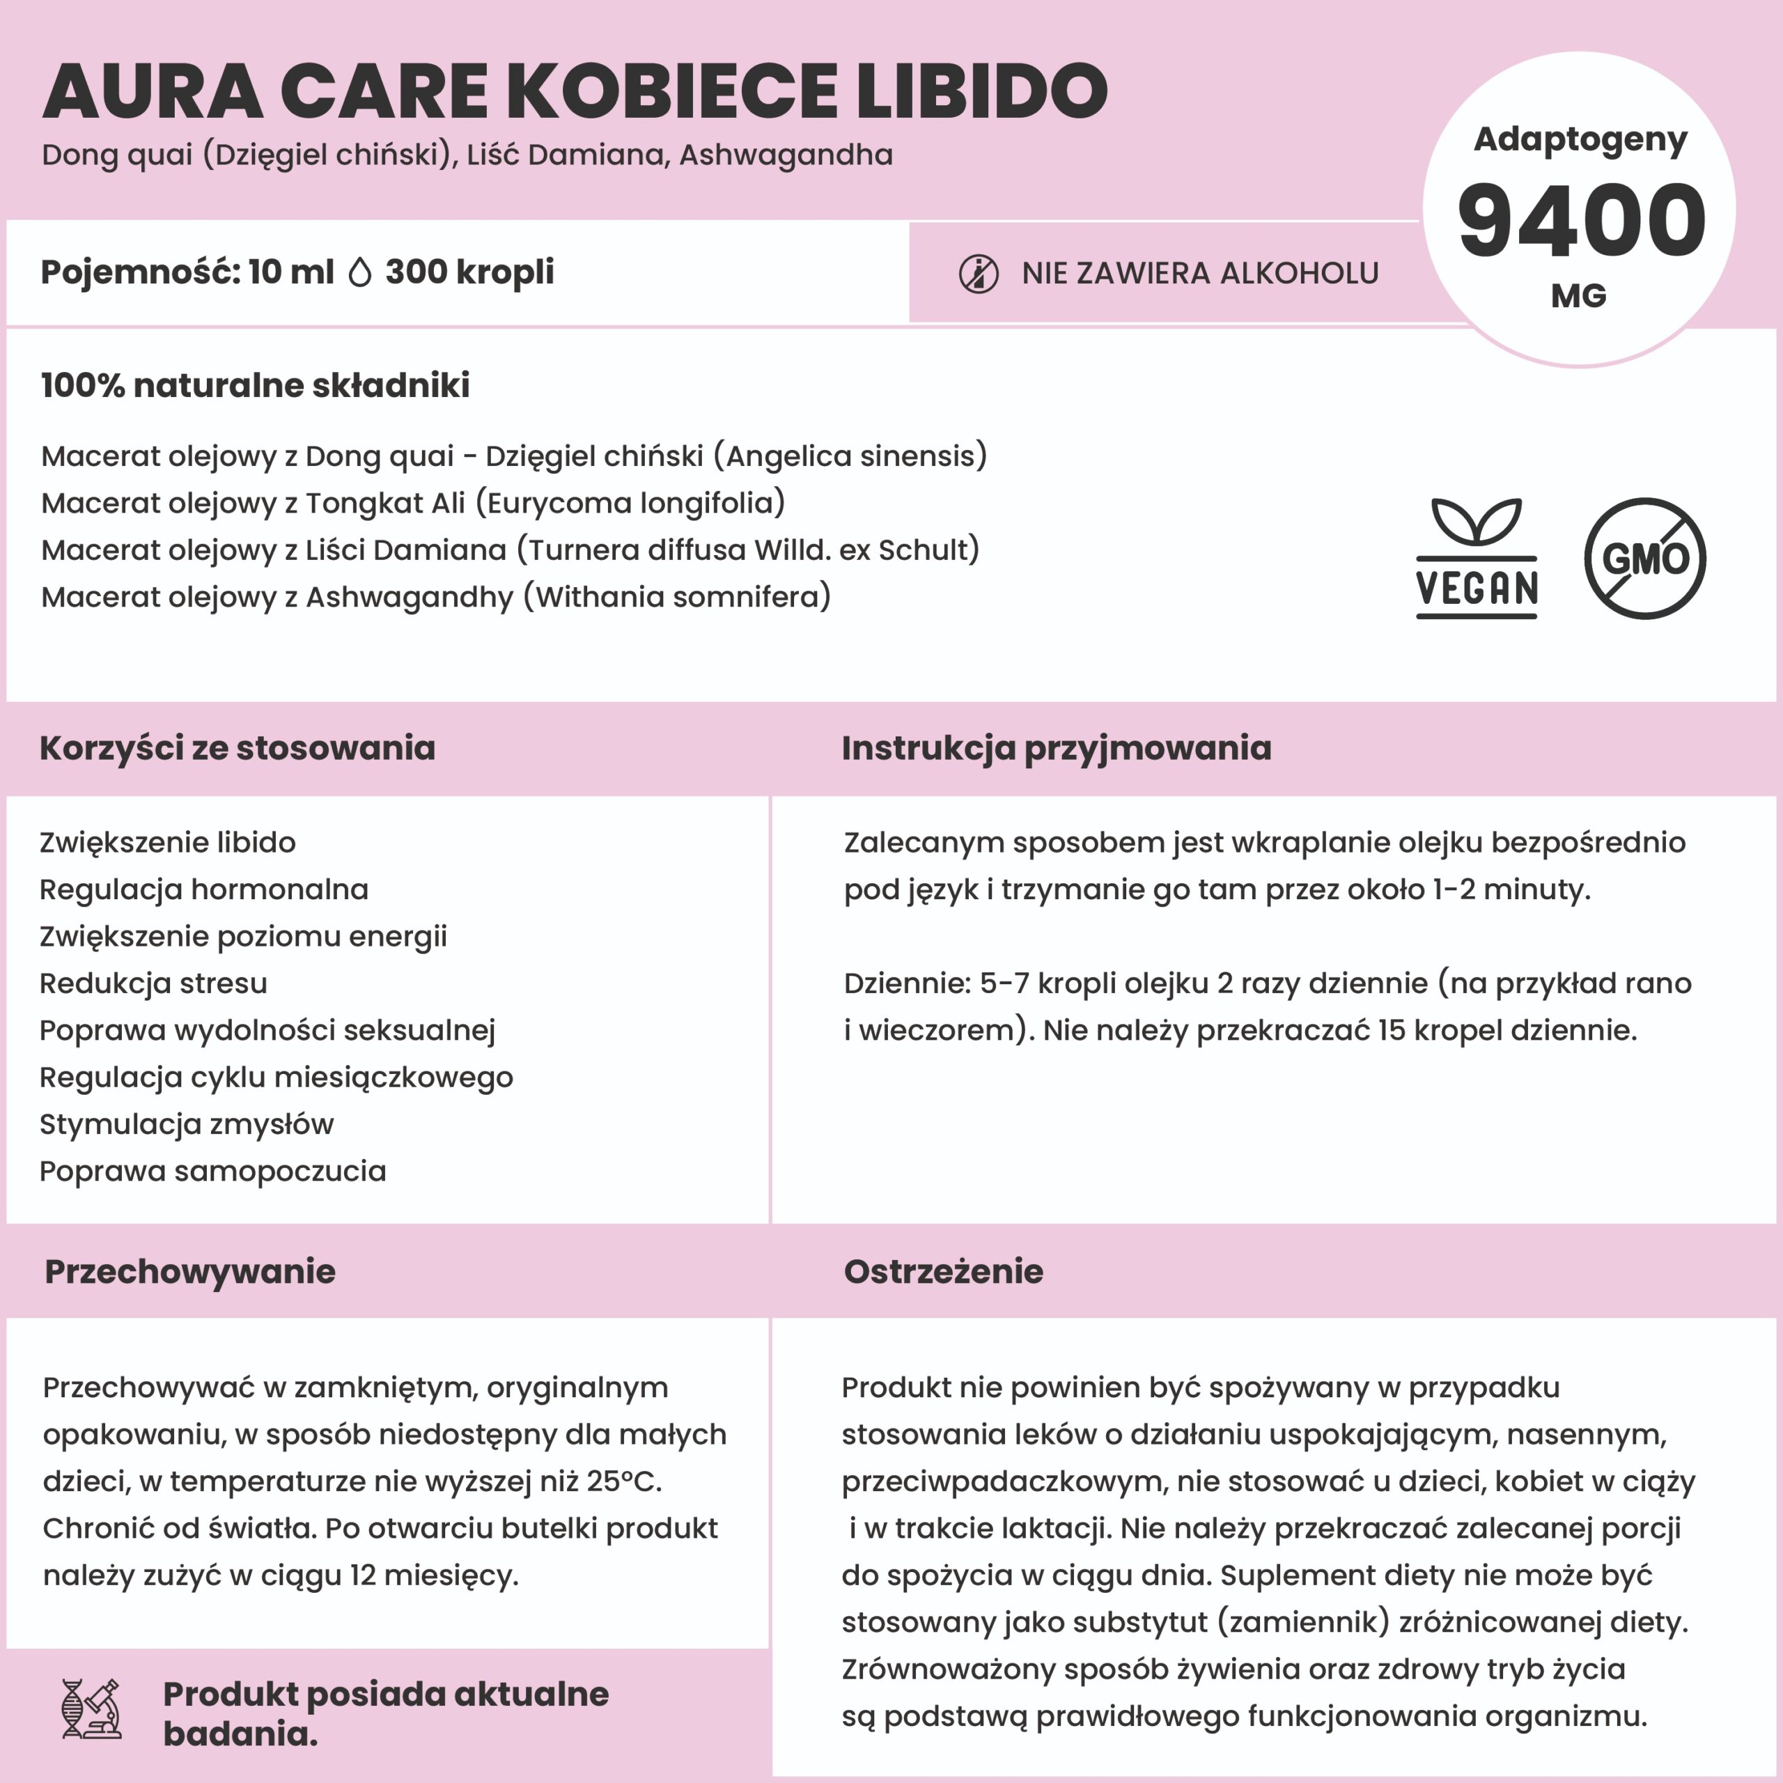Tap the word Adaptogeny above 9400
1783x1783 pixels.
(x=1580, y=139)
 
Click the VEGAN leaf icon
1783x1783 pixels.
(x=1477, y=556)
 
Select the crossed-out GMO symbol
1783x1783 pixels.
(x=1644, y=559)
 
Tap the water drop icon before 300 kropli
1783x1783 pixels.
(x=360, y=272)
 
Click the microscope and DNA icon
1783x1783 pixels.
(x=91, y=1709)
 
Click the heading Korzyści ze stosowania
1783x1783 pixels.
(x=238, y=747)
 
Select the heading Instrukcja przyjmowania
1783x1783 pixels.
(x=1056, y=747)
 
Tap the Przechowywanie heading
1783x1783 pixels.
(x=190, y=1271)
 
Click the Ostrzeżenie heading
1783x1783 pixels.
(x=943, y=1271)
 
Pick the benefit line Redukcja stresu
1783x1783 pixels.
(x=153, y=983)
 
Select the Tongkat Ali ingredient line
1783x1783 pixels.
(x=412, y=503)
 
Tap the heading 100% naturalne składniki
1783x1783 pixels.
(x=255, y=386)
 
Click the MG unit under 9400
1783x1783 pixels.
(x=1578, y=296)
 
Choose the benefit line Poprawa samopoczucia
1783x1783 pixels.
(x=212, y=1171)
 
